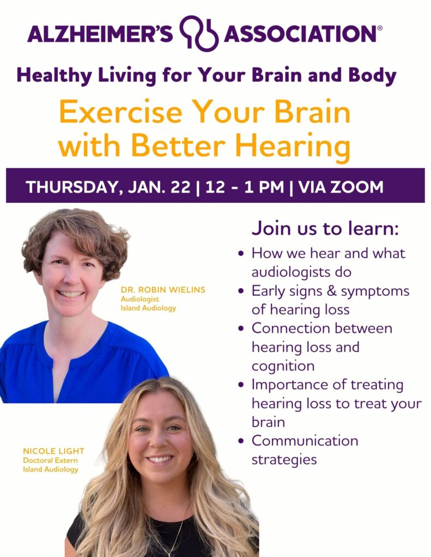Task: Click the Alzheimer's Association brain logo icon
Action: click(198, 33)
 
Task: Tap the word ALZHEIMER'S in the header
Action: click(100, 34)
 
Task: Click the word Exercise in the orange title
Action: click(120, 112)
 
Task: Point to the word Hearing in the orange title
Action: click(293, 147)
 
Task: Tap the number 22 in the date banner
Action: click(180, 187)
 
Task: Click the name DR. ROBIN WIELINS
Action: click(163, 289)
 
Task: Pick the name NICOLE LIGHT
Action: click(54, 451)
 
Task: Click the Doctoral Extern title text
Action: click(50, 460)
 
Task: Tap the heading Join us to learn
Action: click(325, 228)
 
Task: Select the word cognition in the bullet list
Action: click(283, 366)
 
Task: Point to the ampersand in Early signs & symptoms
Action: click(331, 291)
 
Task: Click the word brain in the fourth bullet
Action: click(268, 422)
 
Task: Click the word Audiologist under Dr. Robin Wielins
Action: click(139, 299)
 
